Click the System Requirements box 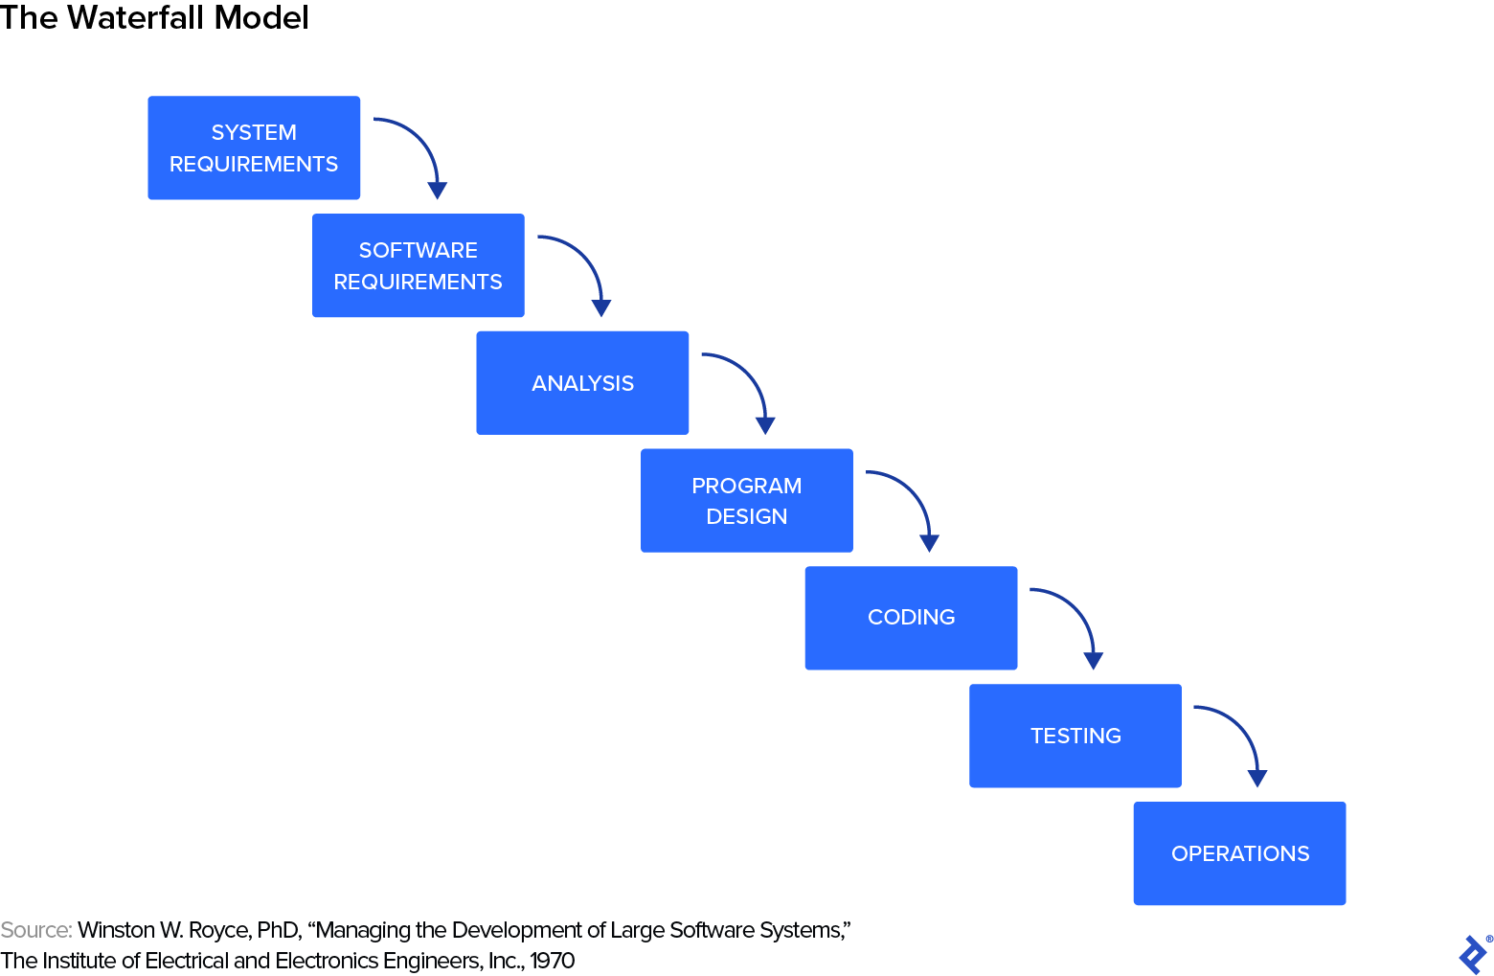(x=254, y=148)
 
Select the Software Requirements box (x=418, y=265)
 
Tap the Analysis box (x=582, y=383)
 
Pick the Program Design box (x=746, y=500)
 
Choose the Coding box (x=911, y=618)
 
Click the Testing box (x=1075, y=736)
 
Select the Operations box (x=1239, y=853)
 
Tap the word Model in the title (x=261, y=18)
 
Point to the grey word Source (x=35, y=930)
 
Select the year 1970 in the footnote (x=552, y=961)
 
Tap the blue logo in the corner (x=1473, y=955)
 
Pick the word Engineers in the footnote (x=432, y=961)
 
